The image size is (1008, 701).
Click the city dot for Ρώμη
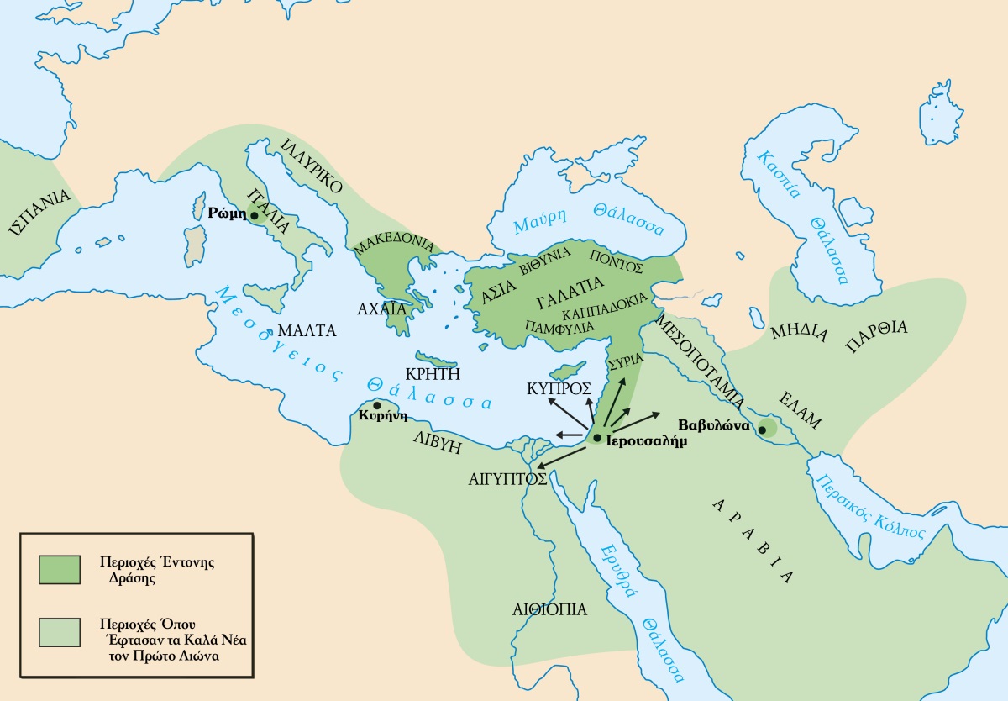(255, 215)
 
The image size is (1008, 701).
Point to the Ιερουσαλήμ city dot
(596, 439)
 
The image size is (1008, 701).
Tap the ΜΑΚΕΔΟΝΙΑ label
(394, 244)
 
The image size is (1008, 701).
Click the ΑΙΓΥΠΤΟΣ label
(508, 479)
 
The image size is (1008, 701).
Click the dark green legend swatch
(59, 568)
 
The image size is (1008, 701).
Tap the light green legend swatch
(59, 632)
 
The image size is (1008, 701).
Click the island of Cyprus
(567, 371)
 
